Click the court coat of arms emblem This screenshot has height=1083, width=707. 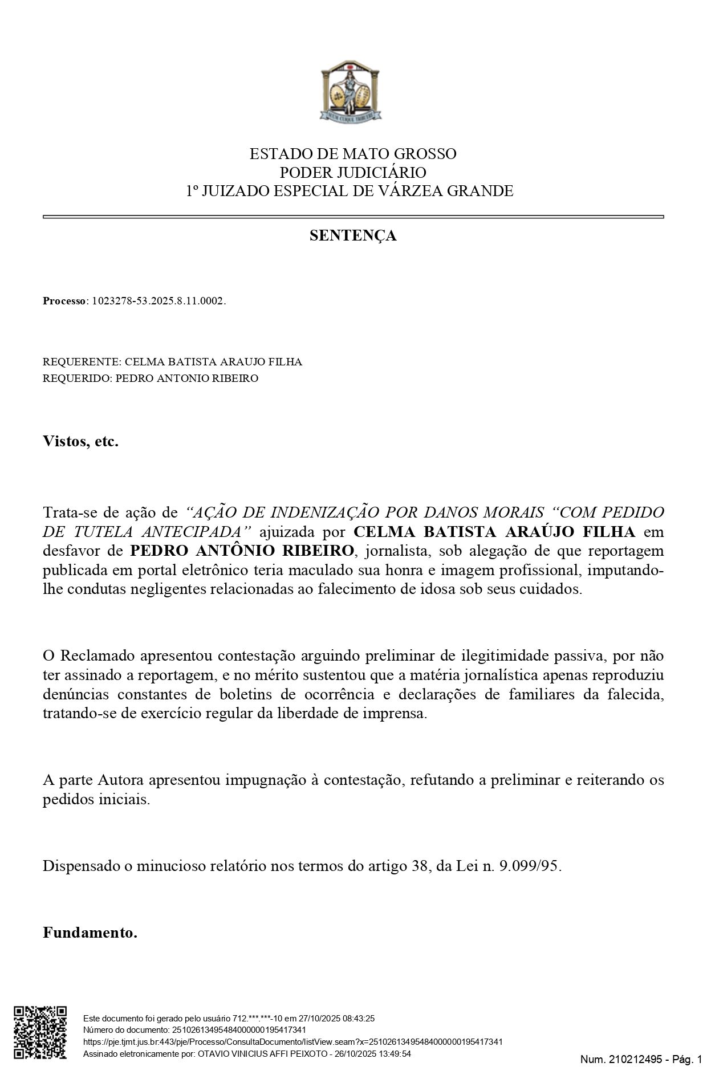click(350, 91)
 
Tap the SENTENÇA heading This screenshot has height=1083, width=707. click(353, 235)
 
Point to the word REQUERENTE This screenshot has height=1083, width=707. click(80, 362)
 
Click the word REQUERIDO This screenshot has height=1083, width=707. click(76, 378)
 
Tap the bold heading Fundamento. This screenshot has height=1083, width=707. click(90, 933)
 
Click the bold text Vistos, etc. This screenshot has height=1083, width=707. click(80, 441)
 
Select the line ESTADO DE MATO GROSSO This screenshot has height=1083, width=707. click(353, 154)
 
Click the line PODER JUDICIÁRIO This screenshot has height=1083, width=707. click(353, 172)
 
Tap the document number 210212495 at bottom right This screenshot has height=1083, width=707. click(633, 1060)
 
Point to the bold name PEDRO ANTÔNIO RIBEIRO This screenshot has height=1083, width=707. click(242, 551)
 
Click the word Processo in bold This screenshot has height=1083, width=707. click(63, 301)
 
